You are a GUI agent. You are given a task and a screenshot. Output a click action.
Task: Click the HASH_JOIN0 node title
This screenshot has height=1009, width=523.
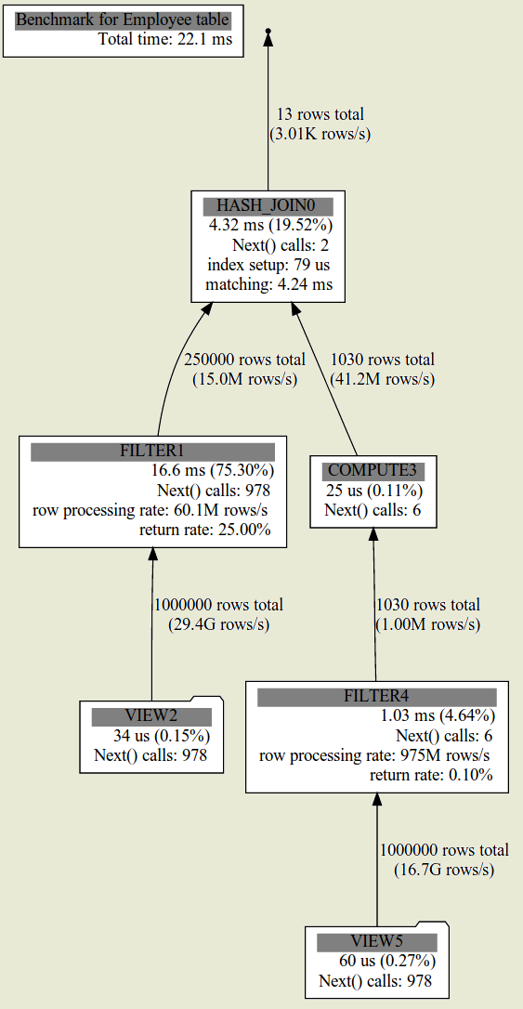[268, 206]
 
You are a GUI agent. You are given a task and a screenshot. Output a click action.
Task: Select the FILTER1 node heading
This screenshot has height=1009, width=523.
[152, 452]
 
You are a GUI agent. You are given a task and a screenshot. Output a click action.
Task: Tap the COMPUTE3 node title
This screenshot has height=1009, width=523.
[373, 471]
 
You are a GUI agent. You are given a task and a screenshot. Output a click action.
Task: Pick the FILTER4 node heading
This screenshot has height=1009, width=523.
[377, 697]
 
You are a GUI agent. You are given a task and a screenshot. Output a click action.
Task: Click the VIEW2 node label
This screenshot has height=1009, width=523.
[151, 717]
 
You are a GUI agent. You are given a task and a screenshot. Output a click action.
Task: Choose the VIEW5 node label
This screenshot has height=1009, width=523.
[377, 943]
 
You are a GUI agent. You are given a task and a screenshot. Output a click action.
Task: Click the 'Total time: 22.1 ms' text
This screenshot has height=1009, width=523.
[165, 39]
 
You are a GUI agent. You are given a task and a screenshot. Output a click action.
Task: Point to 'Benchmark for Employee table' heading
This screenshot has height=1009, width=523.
[123, 20]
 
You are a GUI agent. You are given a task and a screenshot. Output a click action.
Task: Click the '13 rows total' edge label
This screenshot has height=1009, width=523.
[320, 114]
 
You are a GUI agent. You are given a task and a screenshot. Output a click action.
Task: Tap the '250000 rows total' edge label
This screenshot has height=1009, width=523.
[244, 359]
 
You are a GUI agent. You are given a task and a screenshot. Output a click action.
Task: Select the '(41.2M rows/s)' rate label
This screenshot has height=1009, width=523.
[382, 379]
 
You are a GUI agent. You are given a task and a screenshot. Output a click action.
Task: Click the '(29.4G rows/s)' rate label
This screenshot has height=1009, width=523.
[218, 624]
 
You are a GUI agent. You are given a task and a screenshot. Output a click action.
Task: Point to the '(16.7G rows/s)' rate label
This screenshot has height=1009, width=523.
[444, 870]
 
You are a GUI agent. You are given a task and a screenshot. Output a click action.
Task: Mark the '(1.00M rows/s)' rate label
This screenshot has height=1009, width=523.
[428, 624]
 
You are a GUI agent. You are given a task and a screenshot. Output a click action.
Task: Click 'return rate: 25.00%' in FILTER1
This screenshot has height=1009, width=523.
[205, 530]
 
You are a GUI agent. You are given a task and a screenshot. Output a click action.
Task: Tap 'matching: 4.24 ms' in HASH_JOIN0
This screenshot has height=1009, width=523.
[268, 283]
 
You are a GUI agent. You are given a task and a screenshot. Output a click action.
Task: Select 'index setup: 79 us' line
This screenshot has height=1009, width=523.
[268, 265]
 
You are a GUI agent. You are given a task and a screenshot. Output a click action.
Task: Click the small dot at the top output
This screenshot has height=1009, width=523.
[268, 31]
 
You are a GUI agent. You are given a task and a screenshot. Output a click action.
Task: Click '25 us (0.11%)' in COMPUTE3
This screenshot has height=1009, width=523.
[373, 491]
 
